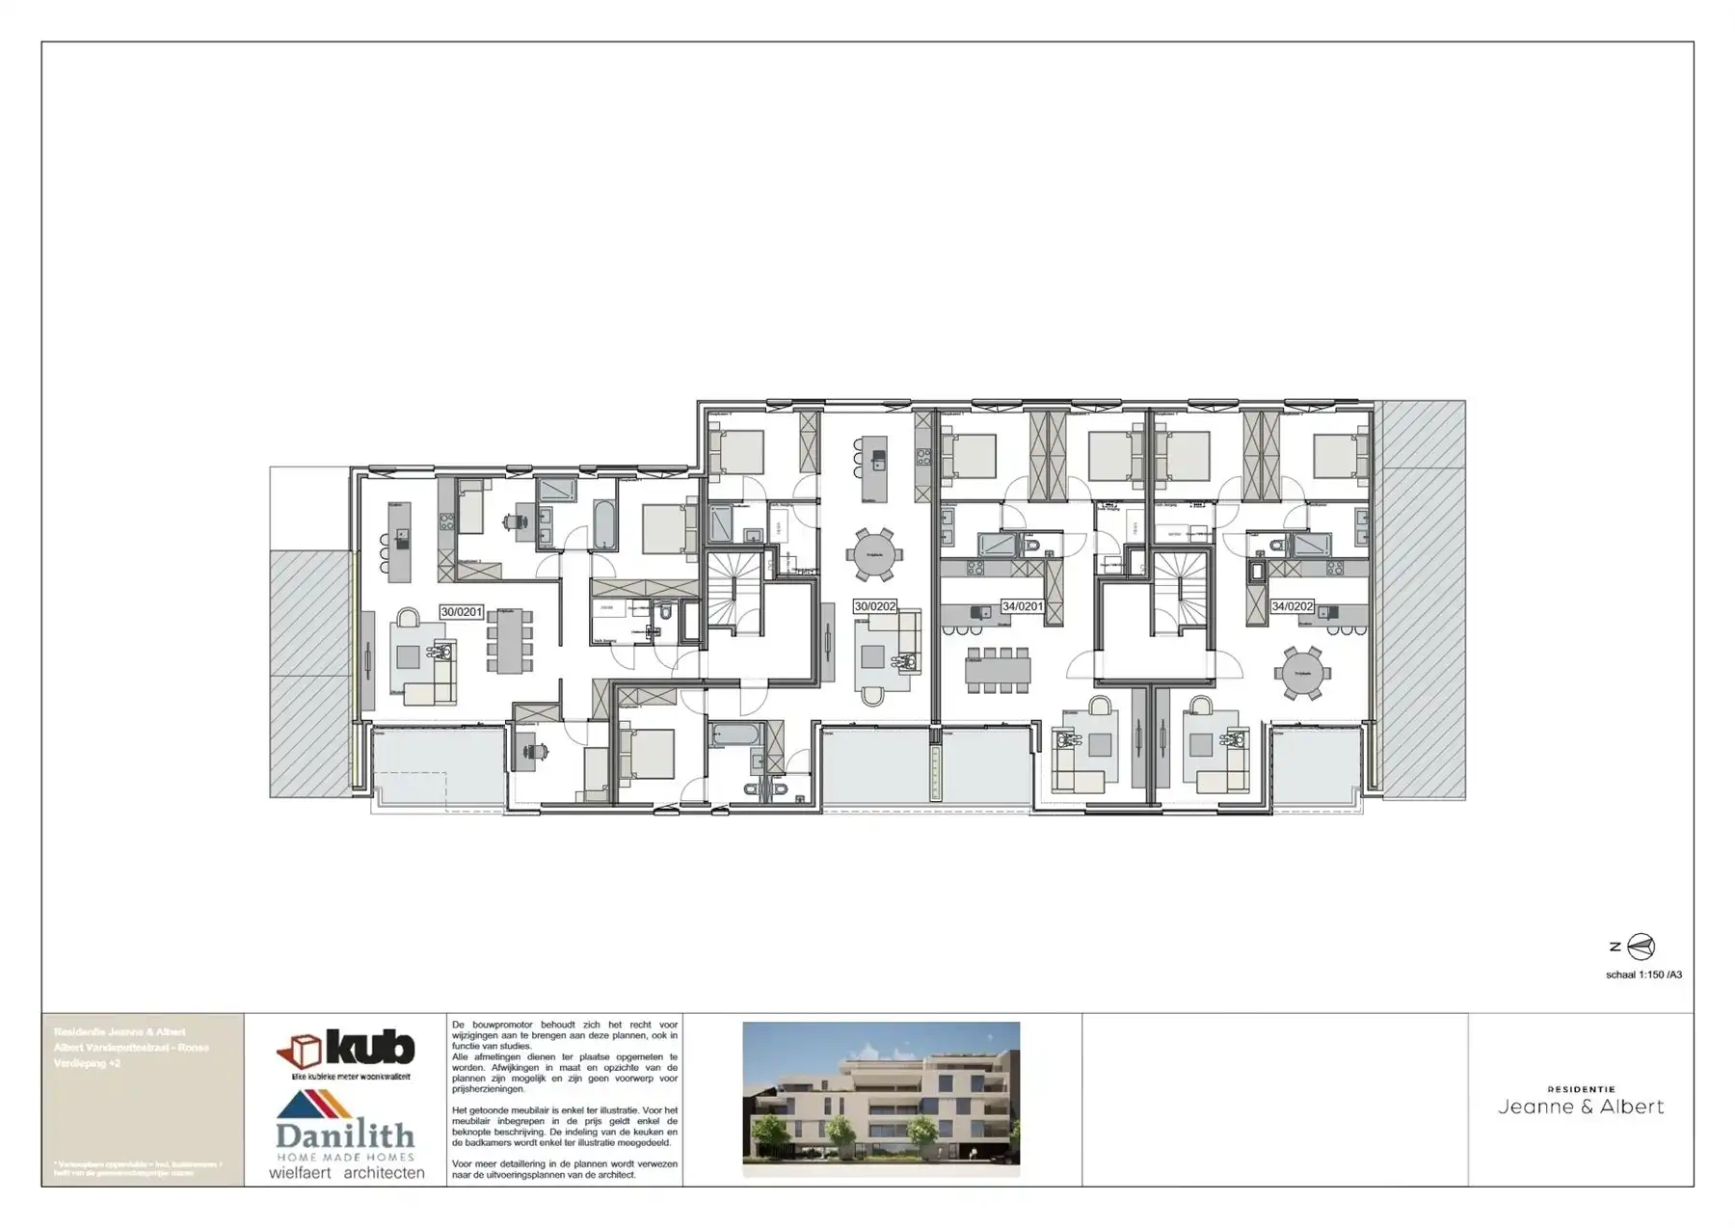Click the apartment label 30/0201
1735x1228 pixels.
[461, 612]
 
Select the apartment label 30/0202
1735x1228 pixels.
[874, 606]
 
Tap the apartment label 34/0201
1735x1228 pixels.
[1022, 606]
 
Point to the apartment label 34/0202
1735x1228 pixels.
[1292, 606]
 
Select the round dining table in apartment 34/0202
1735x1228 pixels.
[1302, 672]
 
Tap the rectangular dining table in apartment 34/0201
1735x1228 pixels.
[998, 669]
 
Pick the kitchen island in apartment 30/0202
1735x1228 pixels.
[874, 467]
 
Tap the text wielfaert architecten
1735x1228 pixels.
[346, 1173]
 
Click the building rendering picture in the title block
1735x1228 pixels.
[881, 1098]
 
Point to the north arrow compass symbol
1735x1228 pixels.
[1640, 947]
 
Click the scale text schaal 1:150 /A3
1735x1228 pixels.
[1643, 974]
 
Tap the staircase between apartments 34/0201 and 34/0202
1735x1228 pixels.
[1180, 590]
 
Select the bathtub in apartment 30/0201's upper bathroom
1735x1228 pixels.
[604, 524]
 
